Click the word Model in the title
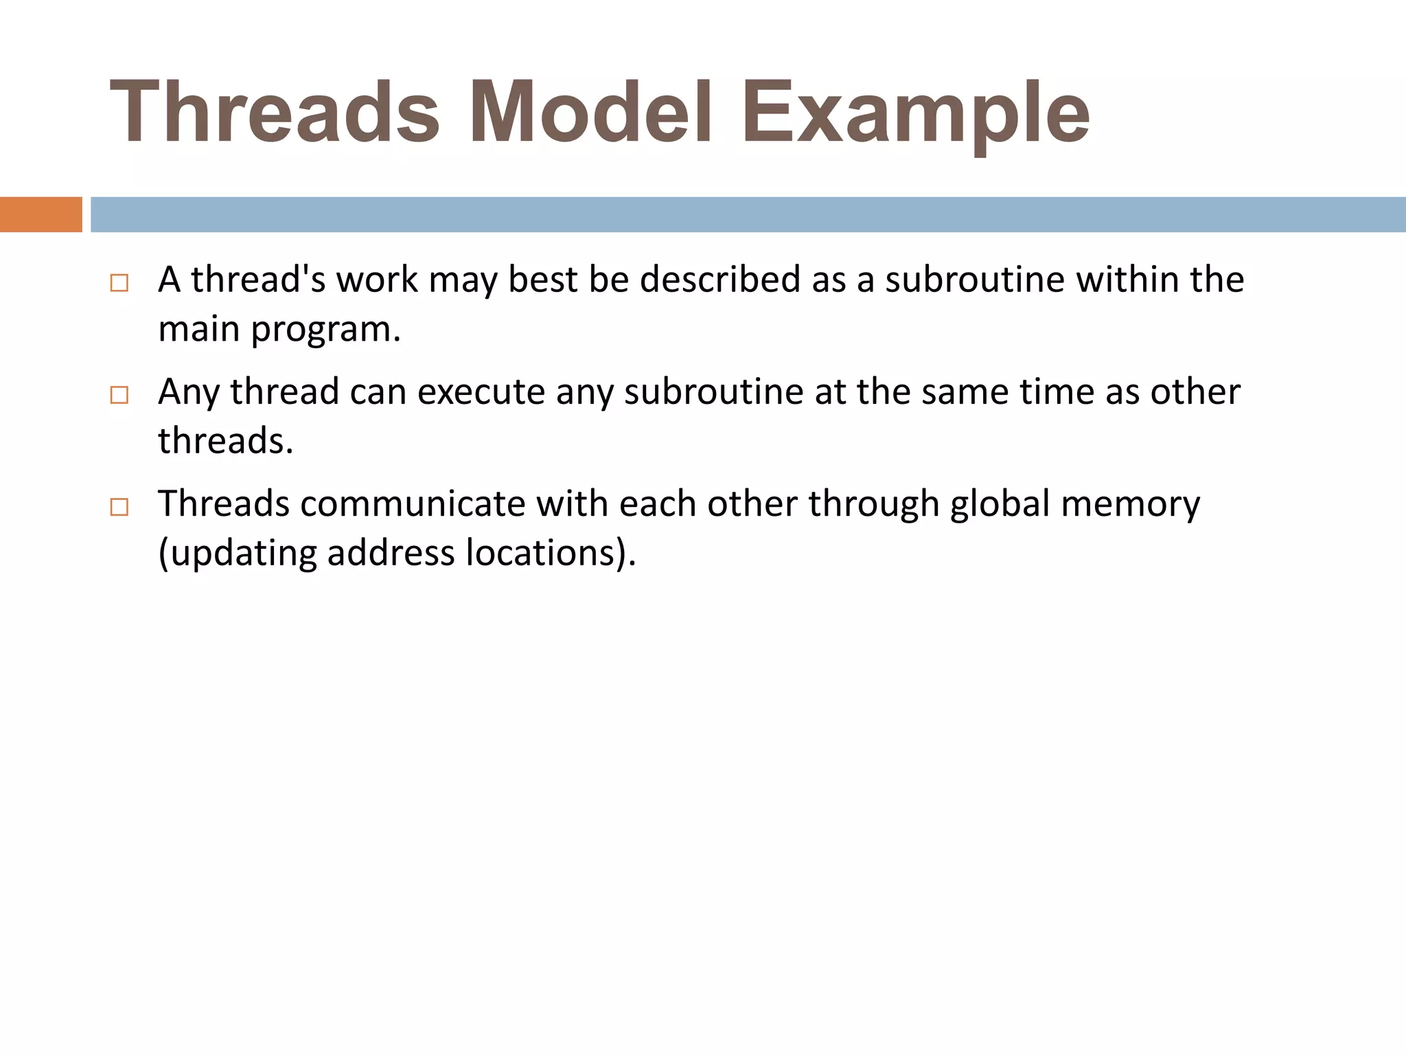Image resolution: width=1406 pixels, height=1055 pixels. tap(590, 112)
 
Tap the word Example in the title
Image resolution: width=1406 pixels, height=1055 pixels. tap(915, 112)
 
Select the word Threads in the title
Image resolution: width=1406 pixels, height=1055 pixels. tap(275, 112)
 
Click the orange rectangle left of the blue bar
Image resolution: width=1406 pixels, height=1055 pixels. tap(41, 214)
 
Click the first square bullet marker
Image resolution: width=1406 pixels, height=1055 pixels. tap(119, 283)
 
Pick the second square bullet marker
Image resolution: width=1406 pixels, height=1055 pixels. tap(119, 395)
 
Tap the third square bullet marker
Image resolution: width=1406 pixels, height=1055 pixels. tap(119, 507)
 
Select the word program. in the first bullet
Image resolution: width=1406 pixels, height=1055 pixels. tap(325, 330)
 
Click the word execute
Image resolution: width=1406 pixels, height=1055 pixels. tap(481, 392)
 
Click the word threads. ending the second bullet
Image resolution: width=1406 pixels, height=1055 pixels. tap(225, 441)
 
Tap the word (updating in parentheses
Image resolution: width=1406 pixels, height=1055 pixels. tap(237, 554)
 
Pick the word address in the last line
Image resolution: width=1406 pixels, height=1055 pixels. tap(391, 553)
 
